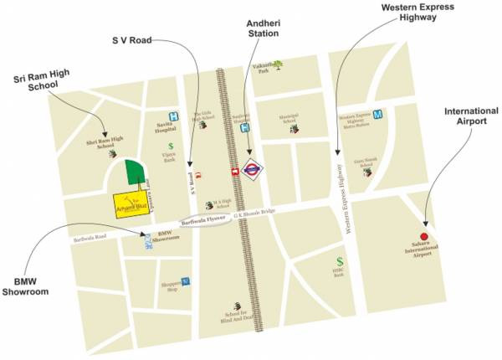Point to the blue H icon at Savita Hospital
click(x=173, y=116)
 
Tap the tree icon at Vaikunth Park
click(x=278, y=64)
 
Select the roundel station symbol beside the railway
click(x=252, y=168)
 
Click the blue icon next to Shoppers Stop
click(x=186, y=280)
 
